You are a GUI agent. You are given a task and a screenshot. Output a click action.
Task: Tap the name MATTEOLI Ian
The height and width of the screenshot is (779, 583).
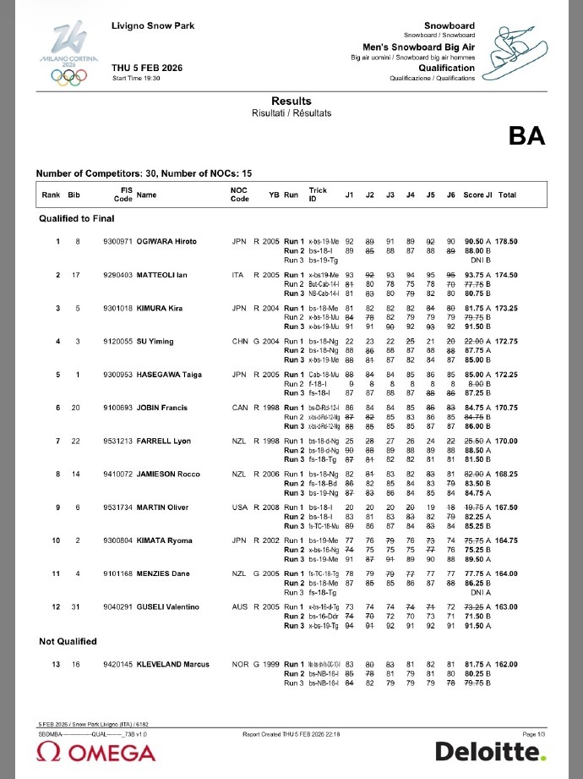pyautogui.click(x=163, y=276)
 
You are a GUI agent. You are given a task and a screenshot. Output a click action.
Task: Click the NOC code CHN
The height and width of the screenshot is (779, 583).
pyautogui.click(x=239, y=341)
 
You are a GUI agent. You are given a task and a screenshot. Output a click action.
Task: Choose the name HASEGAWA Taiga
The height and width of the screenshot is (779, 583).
pyautogui.click(x=168, y=374)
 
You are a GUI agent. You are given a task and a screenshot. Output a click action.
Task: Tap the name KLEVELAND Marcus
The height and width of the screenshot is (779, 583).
pyautogui.click(x=172, y=664)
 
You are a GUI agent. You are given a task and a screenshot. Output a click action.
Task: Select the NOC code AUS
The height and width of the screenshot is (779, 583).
pyautogui.click(x=239, y=606)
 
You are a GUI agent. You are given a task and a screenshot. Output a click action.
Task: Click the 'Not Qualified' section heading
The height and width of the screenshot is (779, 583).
pyautogui.click(x=68, y=642)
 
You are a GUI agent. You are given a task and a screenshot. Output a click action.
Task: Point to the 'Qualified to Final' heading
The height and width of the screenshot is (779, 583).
pyautogui.click(x=77, y=218)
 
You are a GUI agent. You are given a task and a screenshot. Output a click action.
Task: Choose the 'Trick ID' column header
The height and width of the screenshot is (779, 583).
pyautogui.click(x=318, y=195)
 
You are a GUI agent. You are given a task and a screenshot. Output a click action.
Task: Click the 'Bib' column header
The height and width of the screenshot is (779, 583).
pyautogui.click(x=74, y=195)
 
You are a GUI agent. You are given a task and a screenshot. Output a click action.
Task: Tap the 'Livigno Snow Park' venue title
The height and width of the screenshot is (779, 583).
pyautogui.click(x=153, y=26)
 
